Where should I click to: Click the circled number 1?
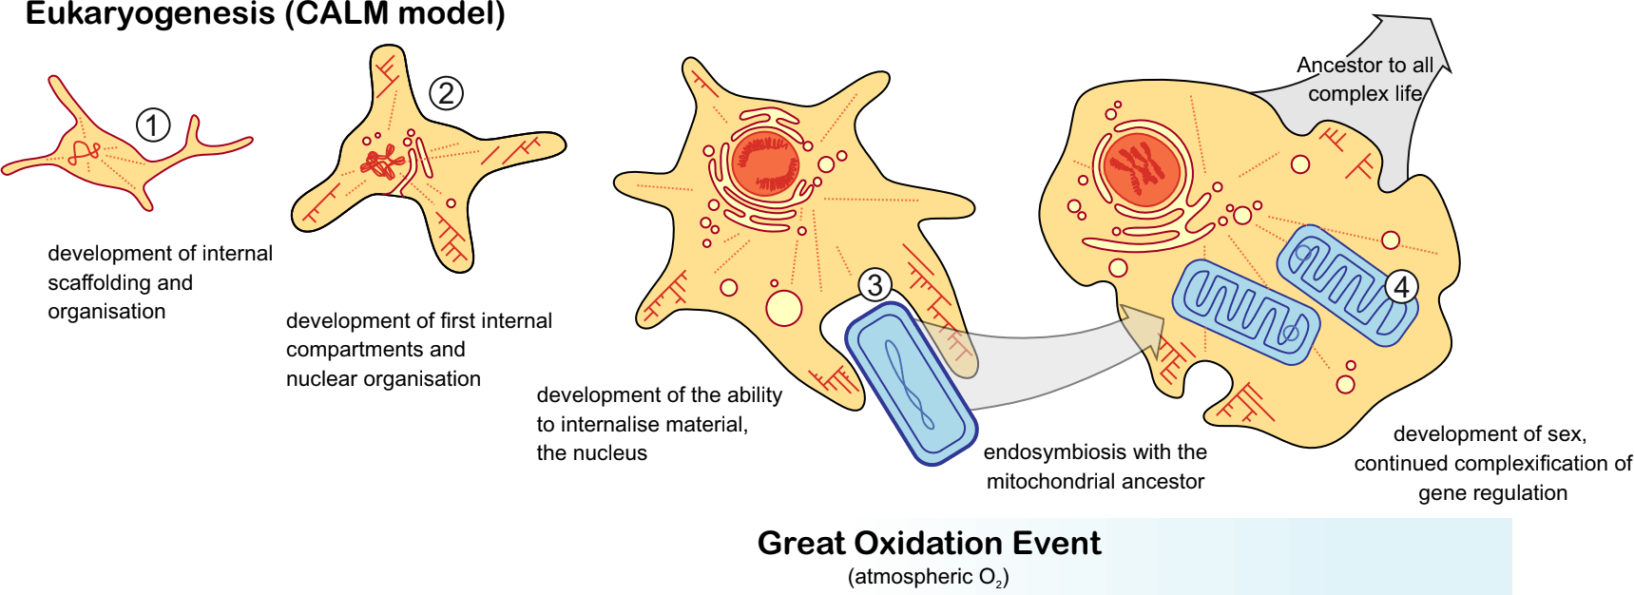[x=153, y=125]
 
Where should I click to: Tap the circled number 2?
[x=446, y=93]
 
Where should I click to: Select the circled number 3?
[x=875, y=285]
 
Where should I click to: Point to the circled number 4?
[x=1401, y=286]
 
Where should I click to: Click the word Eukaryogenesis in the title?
[x=149, y=14]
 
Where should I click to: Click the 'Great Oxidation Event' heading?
[x=929, y=543]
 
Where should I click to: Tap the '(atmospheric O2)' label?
[x=928, y=577]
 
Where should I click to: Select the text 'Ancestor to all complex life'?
[x=1365, y=79]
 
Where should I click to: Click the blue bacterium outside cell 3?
[x=910, y=383]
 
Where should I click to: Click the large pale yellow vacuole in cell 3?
[x=784, y=308]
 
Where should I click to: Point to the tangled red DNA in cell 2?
[x=382, y=163]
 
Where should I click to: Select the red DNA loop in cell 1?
[x=85, y=151]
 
